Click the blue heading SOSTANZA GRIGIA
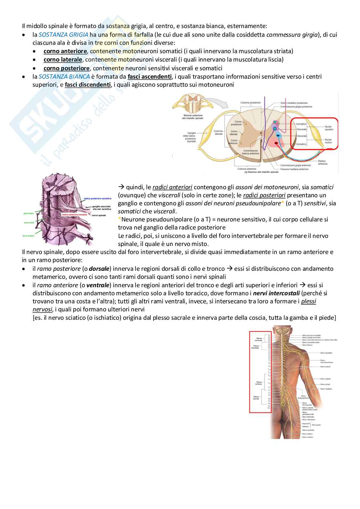[63, 34]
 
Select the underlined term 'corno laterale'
[63, 60]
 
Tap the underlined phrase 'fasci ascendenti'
[150, 77]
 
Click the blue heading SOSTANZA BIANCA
[64, 77]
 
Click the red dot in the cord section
[276, 142]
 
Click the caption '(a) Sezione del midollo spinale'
[261, 172]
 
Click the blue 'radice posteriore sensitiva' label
[97, 199]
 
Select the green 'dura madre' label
[29, 236]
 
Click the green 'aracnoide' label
[29, 222]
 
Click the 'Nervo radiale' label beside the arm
[325, 379]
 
